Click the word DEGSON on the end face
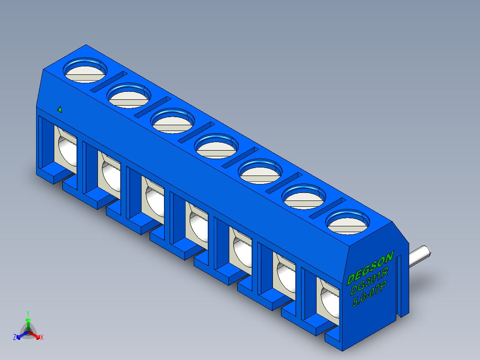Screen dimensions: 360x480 coord(370,268)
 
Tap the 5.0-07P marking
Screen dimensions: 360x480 coord(369,295)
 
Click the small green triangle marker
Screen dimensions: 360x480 coord(60,109)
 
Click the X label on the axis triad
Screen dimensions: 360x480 coord(42,338)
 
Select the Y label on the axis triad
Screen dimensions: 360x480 coord(28,313)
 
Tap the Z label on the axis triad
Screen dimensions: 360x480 coord(15,337)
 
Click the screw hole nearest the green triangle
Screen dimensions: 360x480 coord(85,70)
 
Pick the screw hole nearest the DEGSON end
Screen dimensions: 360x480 coord(348,222)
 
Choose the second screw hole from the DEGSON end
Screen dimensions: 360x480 coord(304,197)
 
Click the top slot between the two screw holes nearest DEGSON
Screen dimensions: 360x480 coord(328,207)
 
